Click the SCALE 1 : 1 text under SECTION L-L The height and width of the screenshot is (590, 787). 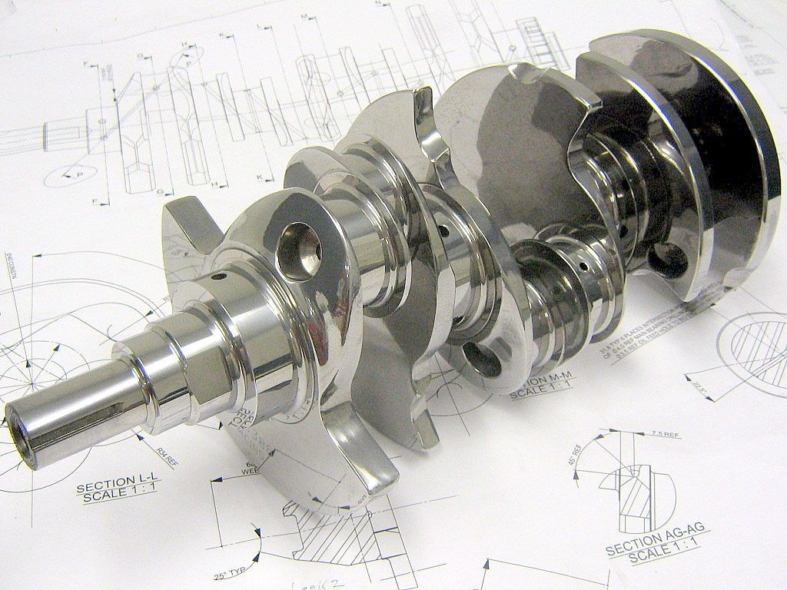tap(118, 497)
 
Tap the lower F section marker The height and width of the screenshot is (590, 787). tap(96, 201)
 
